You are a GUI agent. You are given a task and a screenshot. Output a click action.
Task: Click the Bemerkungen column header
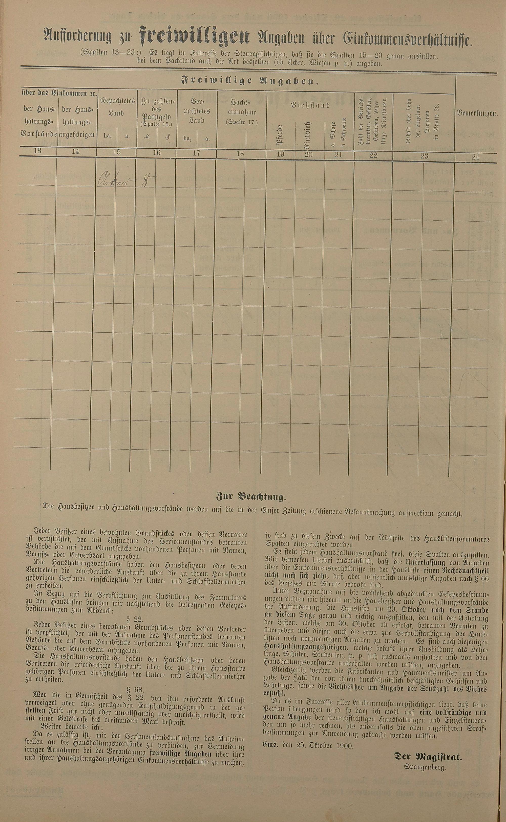477,113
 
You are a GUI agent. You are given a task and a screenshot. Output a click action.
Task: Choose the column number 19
280,154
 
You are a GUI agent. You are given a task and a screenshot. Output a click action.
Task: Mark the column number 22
373,155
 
